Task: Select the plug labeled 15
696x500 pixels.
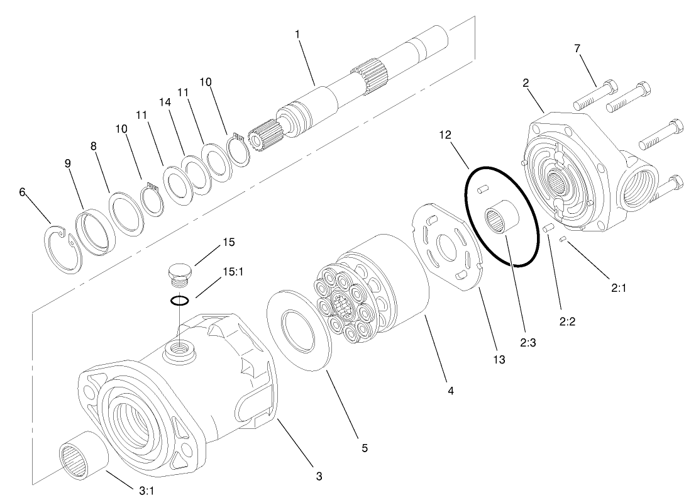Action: (x=180, y=274)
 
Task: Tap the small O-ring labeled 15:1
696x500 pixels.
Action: (x=180, y=300)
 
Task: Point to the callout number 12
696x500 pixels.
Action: (x=445, y=135)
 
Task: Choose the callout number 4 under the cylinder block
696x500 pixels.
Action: (x=450, y=391)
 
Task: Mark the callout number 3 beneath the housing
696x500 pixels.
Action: (x=319, y=476)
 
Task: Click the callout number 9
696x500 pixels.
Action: (x=68, y=163)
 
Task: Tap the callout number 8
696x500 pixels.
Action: (x=94, y=146)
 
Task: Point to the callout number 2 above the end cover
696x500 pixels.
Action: (x=526, y=82)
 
